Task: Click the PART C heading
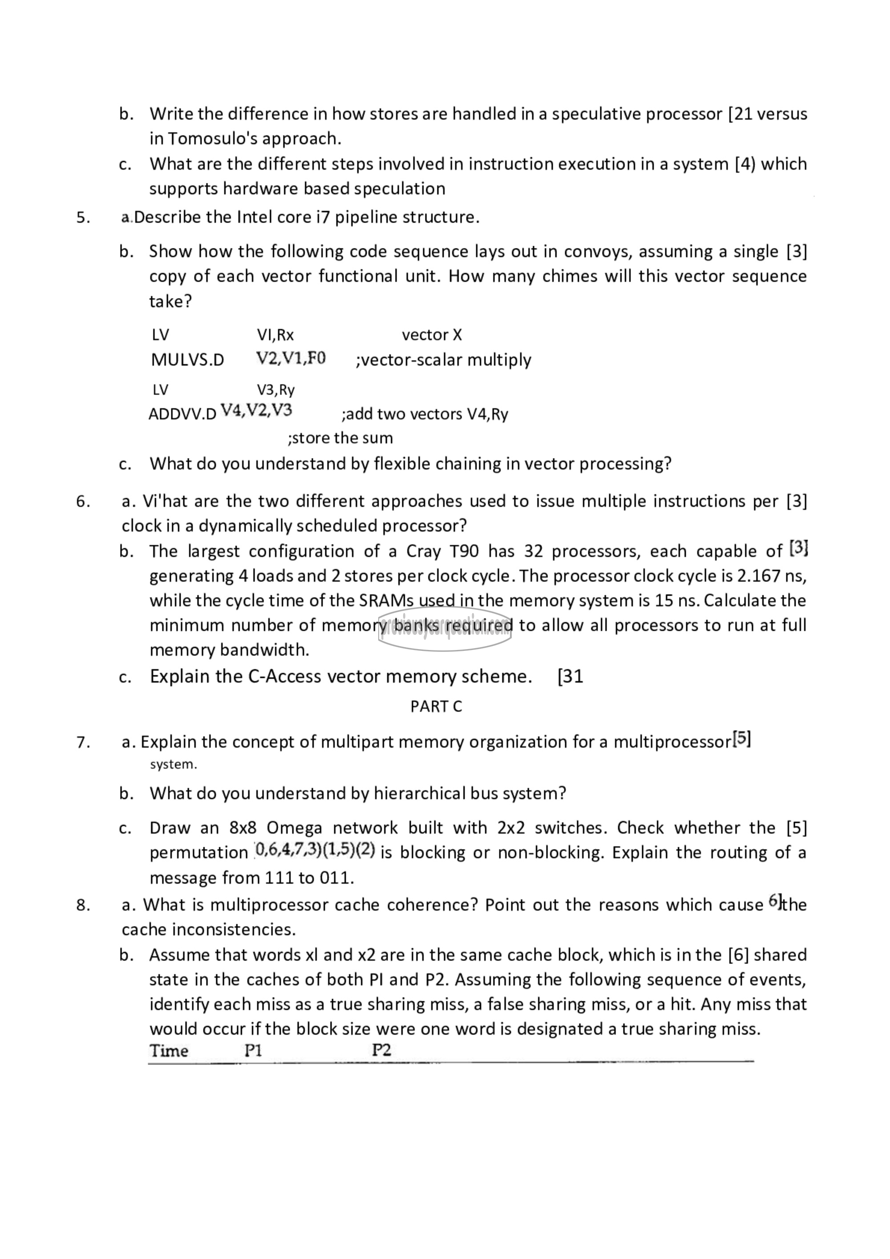436,707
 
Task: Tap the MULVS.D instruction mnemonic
187,360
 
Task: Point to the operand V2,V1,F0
291,359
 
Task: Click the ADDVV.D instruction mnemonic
182,414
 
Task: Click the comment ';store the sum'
340,438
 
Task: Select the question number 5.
83,218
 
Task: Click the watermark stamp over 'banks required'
445,629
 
